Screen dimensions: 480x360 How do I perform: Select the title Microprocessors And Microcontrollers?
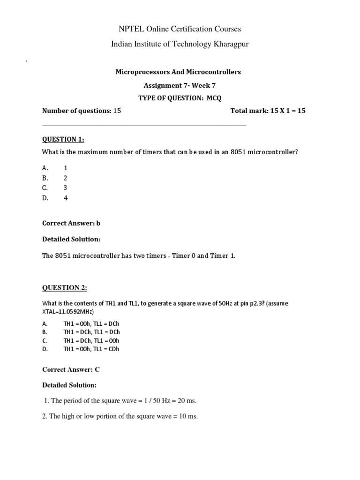pos(178,72)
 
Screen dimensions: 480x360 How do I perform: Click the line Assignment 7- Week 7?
pos(180,85)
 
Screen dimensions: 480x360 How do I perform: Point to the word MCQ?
pos(214,98)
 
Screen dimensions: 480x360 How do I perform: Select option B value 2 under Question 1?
pos(66,178)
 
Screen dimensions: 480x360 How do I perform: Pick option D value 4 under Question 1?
pos(66,198)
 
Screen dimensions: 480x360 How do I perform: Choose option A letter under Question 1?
pos(45,168)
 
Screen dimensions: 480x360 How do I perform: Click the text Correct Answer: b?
pos(71,224)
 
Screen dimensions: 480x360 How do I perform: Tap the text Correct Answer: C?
pos(71,369)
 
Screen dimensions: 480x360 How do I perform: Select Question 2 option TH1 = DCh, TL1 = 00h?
pos(91,341)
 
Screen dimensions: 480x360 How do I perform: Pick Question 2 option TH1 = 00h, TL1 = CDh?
pos(91,349)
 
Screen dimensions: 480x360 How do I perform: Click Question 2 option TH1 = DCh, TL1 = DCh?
pos(91,332)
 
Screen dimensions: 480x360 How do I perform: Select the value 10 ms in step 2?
pos(187,416)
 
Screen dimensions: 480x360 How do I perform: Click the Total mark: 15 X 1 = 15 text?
pos(268,111)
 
